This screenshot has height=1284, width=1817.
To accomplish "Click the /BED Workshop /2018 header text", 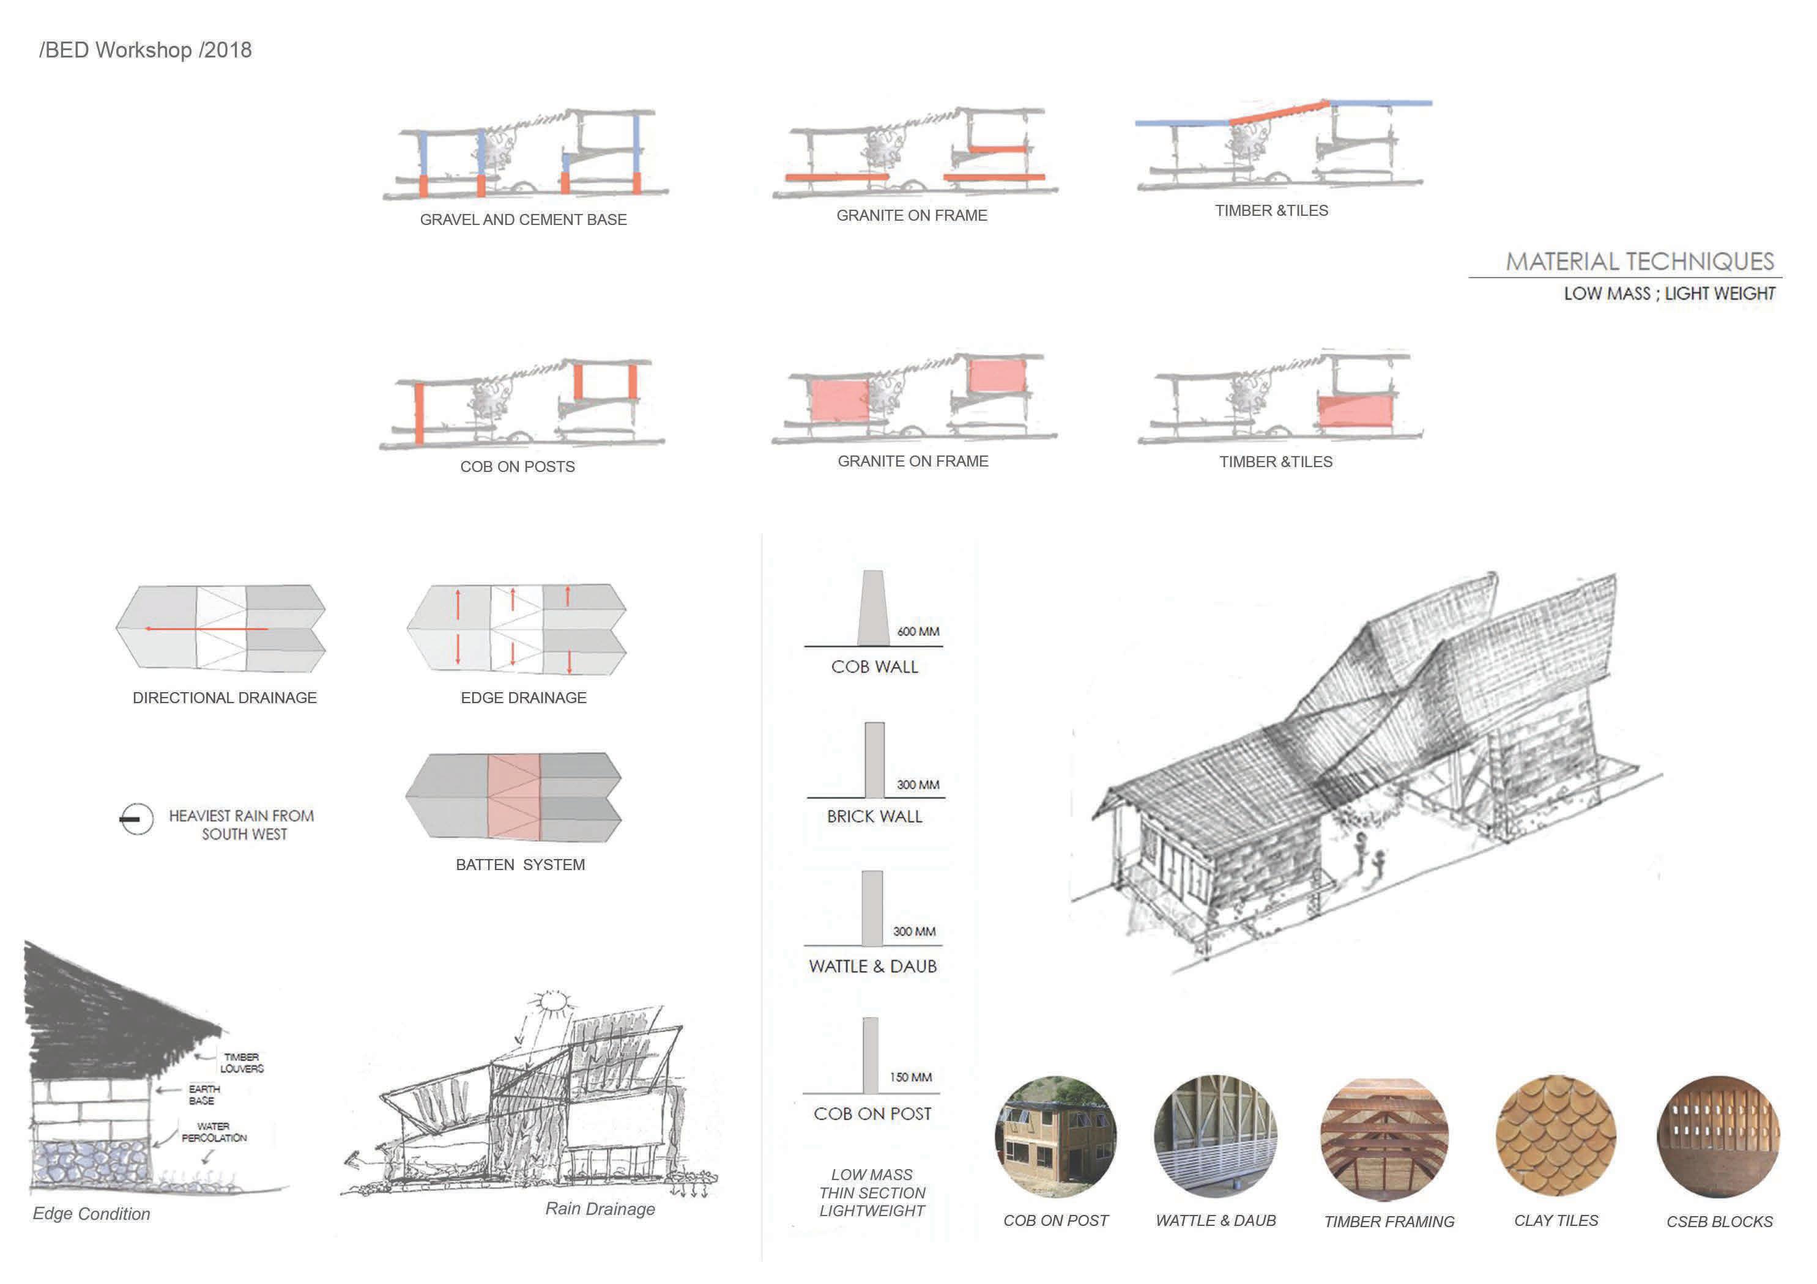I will tap(145, 50).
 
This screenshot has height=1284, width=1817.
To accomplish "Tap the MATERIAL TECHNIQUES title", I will tap(1639, 261).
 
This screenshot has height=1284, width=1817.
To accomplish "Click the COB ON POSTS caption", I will tap(518, 467).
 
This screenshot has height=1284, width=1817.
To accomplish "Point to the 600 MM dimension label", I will tap(918, 632).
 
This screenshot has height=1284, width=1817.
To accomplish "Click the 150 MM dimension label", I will tap(910, 1077).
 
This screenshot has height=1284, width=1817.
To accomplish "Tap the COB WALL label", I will tap(874, 667).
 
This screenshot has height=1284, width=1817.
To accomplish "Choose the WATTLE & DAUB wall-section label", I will tap(873, 966).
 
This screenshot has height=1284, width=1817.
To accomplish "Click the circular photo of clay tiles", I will tap(1556, 1135).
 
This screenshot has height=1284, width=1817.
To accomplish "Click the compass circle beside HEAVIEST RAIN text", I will tap(136, 819).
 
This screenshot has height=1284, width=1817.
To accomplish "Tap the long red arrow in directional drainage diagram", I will tap(206, 629).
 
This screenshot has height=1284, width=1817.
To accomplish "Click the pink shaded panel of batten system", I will tap(514, 797).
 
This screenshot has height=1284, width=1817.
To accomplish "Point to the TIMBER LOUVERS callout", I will tap(242, 1063).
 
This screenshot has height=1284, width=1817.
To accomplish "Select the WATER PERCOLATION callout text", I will tap(214, 1132).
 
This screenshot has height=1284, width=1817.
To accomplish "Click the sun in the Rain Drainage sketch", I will tap(553, 1004).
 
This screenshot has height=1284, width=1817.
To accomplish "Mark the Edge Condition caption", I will tap(91, 1214).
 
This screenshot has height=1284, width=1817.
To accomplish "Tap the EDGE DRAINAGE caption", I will tap(523, 698).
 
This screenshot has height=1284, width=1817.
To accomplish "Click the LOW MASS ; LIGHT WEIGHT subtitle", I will tap(1669, 293).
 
